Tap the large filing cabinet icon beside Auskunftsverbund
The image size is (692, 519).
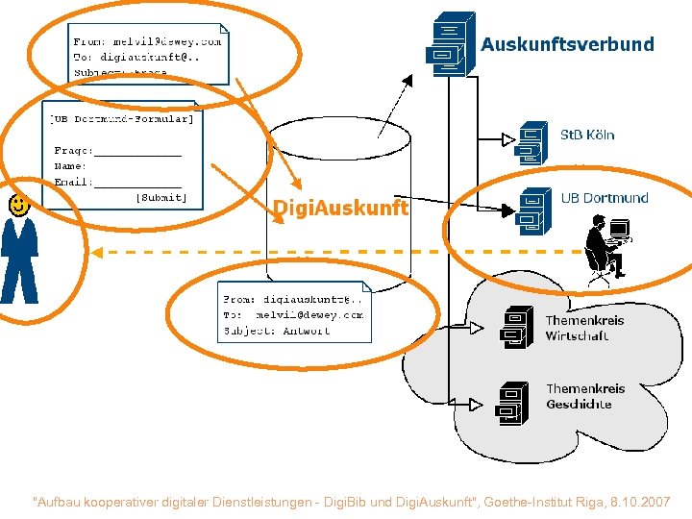pyautogui.click(x=449, y=44)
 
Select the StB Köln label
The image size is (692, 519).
pyautogui.click(x=587, y=135)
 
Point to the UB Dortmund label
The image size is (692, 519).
pyautogui.click(x=605, y=198)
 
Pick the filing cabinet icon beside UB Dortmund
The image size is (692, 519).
pyautogui.click(x=532, y=211)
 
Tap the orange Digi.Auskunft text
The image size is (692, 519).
pyautogui.click(x=340, y=208)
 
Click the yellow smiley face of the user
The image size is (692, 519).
pyautogui.click(x=17, y=204)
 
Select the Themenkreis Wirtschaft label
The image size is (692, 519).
pyautogui.click(x=584, y=328)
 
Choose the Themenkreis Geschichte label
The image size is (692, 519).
pyautogui.click(x=584, y=396)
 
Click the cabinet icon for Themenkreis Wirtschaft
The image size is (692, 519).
pyautogui.click(x=515, y=328)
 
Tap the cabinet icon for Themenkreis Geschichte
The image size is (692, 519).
pyautogui.click(x=512, y=403)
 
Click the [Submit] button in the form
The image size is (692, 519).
pyautogui.click(x=161, y=197)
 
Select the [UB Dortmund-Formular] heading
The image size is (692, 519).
pyautogui.click(x=122, y=119)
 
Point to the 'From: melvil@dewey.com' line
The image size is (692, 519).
pyautogui.click(x=147, y=41)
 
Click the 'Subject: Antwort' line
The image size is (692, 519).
pyautogui.click(x=278, y=331)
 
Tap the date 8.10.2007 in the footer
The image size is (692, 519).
pyautogui.click(x=641, y=502)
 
